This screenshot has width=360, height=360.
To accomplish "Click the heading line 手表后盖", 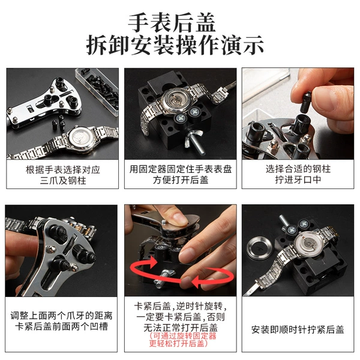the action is click(x=172, y=23).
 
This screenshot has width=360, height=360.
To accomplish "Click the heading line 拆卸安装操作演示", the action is click(x=175, y=45).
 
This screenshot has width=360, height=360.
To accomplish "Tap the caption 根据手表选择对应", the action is click(x=62, y=170).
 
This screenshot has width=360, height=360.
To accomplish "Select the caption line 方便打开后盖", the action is click(x=181, y=180).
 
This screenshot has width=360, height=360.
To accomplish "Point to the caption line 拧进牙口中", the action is click(x=298, y=180).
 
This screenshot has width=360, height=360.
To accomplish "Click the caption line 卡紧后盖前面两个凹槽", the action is click(x=61, y=326).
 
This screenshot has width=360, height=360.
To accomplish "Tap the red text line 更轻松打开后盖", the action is click(x=179, y=343).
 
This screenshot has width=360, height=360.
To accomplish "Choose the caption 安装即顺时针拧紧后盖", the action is click(x=298, y=329).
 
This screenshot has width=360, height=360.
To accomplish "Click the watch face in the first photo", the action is click(x=82, y=139).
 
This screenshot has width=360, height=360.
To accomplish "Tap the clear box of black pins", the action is click(x=97, y=91).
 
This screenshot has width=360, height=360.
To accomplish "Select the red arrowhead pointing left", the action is click(x=198, y=281).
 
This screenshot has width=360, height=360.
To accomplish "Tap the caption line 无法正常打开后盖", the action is click(x=181, y=328).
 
